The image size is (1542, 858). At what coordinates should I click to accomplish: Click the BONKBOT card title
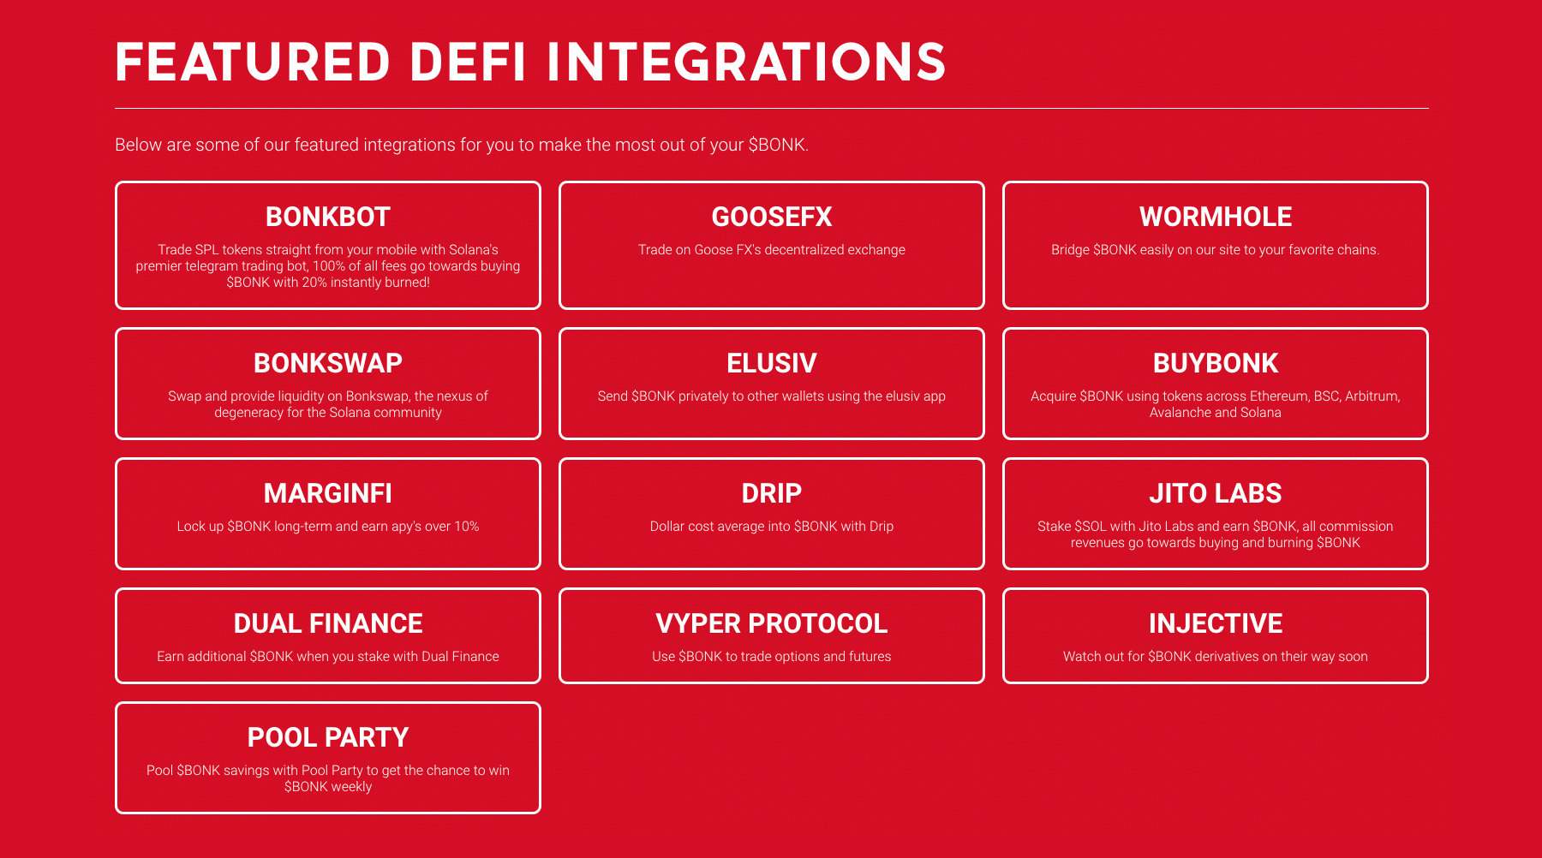point(328,217)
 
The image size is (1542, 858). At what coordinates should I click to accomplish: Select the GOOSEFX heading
point(772,217)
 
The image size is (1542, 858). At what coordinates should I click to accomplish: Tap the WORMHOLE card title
point(1216,217)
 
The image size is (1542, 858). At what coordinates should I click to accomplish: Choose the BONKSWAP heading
point(328,364)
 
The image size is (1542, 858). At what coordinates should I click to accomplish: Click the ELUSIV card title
point(772,364)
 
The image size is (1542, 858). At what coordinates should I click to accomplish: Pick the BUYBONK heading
point(1216,364)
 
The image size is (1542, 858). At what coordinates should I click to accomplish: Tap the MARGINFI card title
point(328,494)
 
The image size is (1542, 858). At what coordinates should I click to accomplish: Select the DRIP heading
point(772,494)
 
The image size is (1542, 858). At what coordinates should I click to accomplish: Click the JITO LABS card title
point(1216,494)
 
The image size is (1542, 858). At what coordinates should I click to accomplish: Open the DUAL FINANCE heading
point(328,624)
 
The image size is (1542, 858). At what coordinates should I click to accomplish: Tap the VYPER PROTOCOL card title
point(772,624)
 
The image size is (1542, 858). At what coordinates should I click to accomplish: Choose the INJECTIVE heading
point(1216,624)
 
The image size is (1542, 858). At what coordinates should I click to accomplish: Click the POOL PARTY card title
point(328,738)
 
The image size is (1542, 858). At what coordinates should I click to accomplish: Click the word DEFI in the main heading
point(468,63)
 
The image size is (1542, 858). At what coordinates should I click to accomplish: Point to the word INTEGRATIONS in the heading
point(746,63)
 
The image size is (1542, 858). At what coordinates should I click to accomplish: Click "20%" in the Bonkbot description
point(315,283)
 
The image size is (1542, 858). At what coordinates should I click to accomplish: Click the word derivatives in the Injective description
point(1227,657)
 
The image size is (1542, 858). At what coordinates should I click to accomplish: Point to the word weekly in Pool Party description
point(351,787)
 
